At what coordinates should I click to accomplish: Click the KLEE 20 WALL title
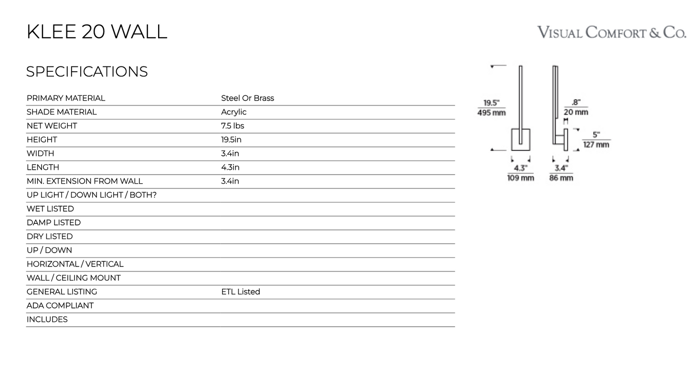pos(97,32)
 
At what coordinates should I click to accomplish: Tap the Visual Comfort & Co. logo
pos(612,32)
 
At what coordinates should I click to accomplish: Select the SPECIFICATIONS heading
pos(87,72)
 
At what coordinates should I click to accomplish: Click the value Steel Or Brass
pos(247,98)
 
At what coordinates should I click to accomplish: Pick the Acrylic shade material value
pos(234,112)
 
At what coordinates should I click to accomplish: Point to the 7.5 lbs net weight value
pos(232,126)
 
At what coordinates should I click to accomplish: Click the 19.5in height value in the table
pos(231,140)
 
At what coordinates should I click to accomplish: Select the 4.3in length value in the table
pos(230,167)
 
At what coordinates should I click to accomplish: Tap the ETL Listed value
pos(241,291)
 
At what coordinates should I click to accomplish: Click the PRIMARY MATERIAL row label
pos(66,98)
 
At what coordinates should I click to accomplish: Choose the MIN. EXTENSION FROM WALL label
pos(85,181)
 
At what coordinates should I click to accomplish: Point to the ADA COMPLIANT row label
pos(60,306)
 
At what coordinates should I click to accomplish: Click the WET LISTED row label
pos(50,209)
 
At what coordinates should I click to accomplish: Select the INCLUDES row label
pos(47,320)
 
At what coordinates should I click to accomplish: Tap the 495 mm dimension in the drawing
pos(491,113)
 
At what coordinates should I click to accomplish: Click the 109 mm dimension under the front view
pos(520,178)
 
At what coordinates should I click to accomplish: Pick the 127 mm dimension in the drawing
pos(596,144)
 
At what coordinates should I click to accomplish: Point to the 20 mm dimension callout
pos(576,112)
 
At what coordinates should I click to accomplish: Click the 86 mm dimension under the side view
pos(561,178)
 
